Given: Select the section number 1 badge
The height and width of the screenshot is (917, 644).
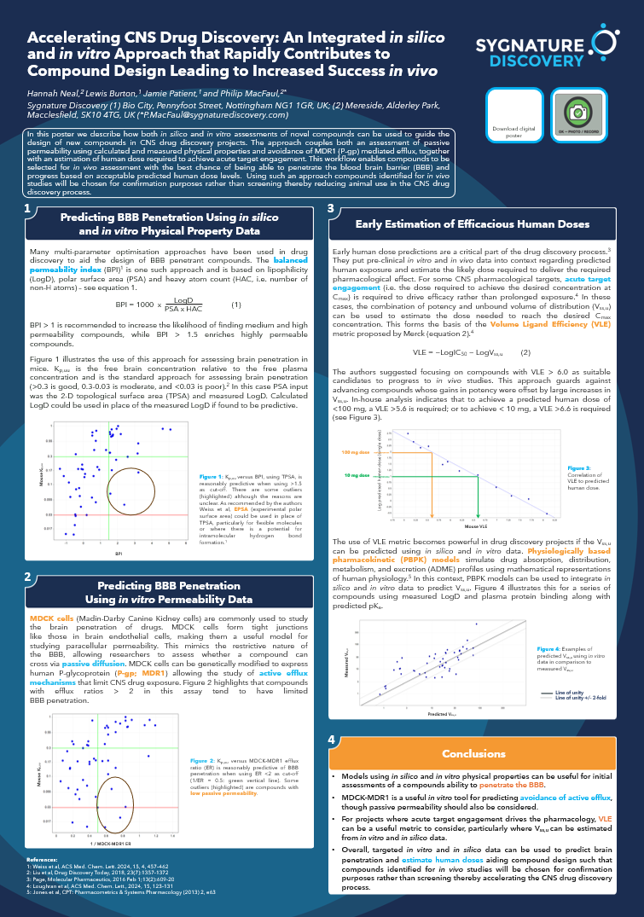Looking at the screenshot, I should pyautogui.click(x=29, y=209).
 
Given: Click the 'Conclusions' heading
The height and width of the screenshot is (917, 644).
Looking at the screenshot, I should pyautogui.click(x=473, y=754).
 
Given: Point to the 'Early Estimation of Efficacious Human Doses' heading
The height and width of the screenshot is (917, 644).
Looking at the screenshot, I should pyautogui.click(x=472, y=224).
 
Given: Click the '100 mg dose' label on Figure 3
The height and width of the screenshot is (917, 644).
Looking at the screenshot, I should pyautogui.click(x=353, y=452).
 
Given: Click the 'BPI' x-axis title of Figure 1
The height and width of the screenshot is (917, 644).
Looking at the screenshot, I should pyautogui.click(x=119, y=554).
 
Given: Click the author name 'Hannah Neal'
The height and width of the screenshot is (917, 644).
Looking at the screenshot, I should pyautogui.click(x=51, y=91).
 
